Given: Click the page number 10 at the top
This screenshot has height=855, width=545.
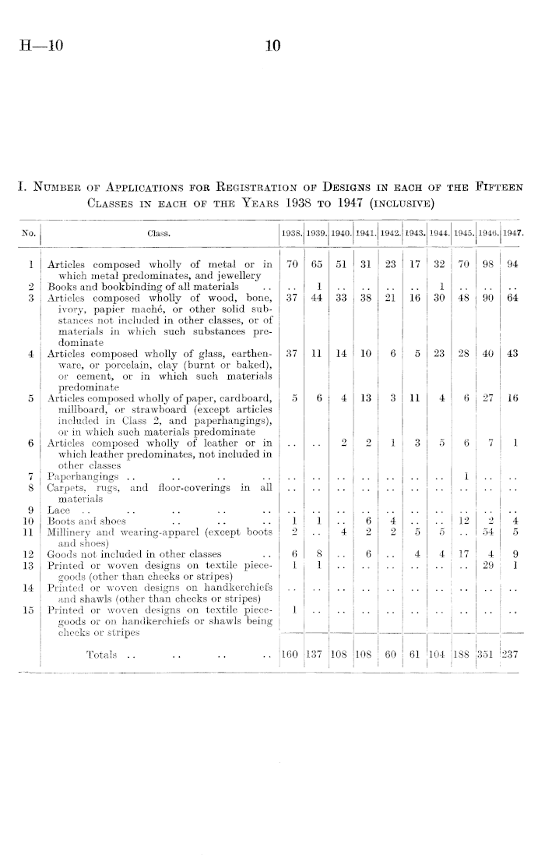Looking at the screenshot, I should (272, 47).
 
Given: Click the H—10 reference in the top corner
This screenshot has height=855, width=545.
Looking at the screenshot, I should (36, 47).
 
